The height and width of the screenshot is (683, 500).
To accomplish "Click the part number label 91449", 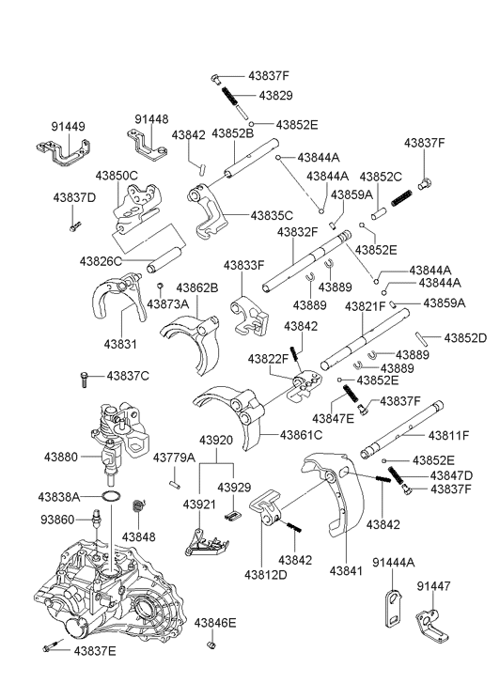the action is point(68,127).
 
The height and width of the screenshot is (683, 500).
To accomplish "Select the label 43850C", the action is point(117,176).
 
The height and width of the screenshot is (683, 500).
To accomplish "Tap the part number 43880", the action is point(61,457).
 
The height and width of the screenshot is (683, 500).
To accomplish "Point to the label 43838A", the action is point(59,497).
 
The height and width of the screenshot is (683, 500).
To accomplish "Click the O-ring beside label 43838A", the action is point(111,497).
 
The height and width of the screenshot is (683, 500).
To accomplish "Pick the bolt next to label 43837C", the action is point(85,379).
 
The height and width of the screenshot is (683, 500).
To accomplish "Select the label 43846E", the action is point(215,623).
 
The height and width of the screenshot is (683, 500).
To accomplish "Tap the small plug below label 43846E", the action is point(211,645).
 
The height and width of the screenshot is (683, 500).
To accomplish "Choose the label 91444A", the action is point(394,563).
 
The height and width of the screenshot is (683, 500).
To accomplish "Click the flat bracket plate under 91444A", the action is point(394,608).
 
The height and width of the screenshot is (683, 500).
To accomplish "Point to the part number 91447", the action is point(433,586).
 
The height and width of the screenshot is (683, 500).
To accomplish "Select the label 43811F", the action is point(448,435).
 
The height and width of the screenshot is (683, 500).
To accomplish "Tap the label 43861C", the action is point(301,435).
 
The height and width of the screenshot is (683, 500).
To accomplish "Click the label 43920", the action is point(216,441).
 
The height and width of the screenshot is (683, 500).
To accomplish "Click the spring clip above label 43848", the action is point(138,507).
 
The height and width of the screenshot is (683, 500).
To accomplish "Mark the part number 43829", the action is point(276,96).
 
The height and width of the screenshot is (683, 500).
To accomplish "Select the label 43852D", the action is point(465,338).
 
